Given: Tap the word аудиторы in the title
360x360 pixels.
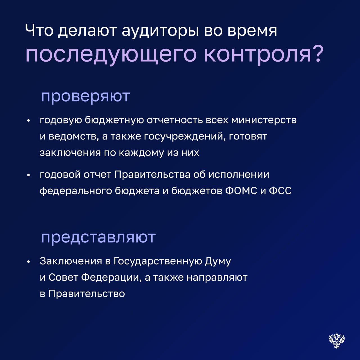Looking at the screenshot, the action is [161, 31].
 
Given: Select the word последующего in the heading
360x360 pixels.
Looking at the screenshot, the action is [111, 55].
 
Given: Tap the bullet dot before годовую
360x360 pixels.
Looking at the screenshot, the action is [29, 121].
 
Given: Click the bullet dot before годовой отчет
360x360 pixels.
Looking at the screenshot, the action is [29, 175].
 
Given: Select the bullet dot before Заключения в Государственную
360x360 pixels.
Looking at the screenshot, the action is [29, 262].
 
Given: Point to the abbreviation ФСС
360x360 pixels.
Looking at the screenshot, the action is [280, 191].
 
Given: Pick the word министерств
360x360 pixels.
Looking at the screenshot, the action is [264, 120].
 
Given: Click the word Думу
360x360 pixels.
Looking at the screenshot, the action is [218, 262].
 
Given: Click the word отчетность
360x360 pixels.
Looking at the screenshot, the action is [175, 120].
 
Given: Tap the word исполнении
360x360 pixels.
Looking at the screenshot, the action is [239, 175].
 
